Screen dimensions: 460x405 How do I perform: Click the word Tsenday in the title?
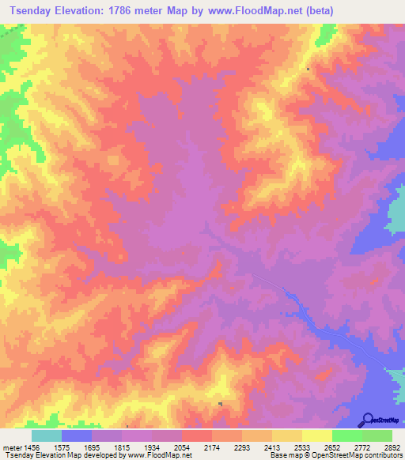click(29, 11)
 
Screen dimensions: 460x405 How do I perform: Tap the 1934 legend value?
click(151, 447)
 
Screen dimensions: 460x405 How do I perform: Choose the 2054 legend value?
click(181, 447)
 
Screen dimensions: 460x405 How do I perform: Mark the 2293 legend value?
click(241, 447)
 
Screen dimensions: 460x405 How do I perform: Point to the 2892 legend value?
click(392, 447)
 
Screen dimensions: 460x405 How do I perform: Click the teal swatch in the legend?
click(46, 435)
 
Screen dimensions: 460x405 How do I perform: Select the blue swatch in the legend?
click(76, 435)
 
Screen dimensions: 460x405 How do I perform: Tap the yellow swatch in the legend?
click(316, 435)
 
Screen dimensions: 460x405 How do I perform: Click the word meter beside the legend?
click(9, 447)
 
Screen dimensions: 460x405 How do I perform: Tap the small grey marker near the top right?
click(308, 69)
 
